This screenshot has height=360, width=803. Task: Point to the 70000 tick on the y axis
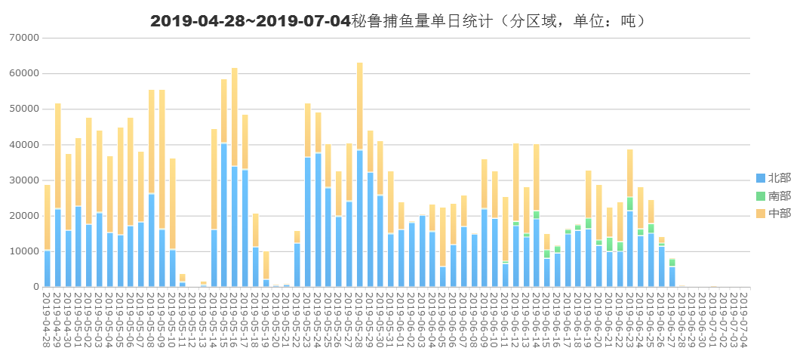26,38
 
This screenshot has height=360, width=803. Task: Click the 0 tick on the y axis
35,287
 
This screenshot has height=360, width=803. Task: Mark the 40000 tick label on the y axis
26,144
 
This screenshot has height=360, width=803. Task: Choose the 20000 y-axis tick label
26,216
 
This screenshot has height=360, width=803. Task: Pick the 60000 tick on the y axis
26,73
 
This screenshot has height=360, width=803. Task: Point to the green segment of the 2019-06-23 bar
630,204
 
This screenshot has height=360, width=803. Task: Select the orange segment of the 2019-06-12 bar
515,181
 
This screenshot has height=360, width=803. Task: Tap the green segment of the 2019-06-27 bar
672,262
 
